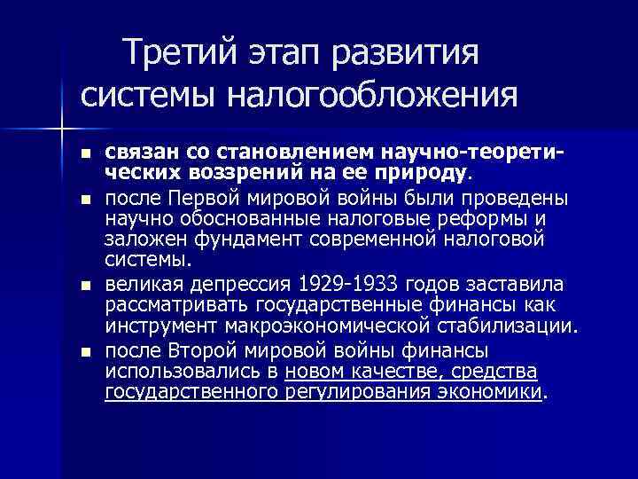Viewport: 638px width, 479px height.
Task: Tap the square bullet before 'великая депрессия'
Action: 83,286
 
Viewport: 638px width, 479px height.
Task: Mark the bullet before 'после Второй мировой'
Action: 83,351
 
